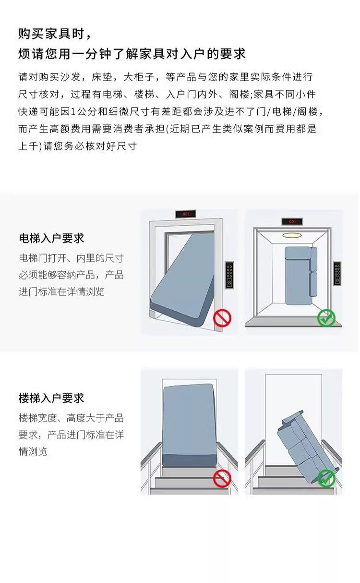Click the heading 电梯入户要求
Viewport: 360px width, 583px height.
coord(51,238)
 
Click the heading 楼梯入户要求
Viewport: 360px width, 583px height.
coord(51,398)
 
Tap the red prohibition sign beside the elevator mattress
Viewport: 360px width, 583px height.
coord(222,318)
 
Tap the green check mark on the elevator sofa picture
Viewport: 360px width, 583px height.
coord(326,318)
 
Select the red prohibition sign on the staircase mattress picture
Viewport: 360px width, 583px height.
coord(222,478)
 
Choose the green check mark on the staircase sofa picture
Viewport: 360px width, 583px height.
coord(326,478)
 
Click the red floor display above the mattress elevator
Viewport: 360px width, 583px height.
coord(186,214)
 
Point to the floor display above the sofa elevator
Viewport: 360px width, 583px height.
coord(292,221)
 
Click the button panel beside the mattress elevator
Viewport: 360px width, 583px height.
coord(229,275)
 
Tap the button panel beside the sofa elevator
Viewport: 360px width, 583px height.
coord(337,274)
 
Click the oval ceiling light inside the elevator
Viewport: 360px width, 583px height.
coord(292,235)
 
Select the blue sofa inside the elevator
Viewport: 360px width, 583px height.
coord(301,276)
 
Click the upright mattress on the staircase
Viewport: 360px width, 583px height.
coord(190,425)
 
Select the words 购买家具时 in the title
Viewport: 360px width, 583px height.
coord(51,34)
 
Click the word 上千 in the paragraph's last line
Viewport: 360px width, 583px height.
coord(28,146)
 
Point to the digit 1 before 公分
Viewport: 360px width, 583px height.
coord(73,112)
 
